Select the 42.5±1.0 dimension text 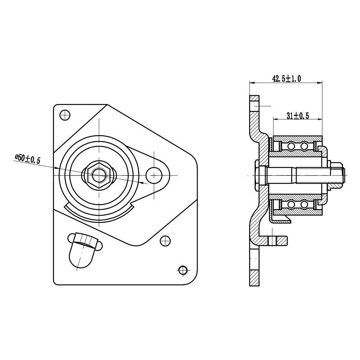[x=286, y=78]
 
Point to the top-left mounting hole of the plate [x=65, y=115]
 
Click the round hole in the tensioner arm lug [x=154, y=175]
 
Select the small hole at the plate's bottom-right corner [x=182, y=270]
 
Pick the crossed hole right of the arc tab [x=165, y=241]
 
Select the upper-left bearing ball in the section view [x=290, y=146]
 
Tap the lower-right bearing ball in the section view [x=304, y=205]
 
